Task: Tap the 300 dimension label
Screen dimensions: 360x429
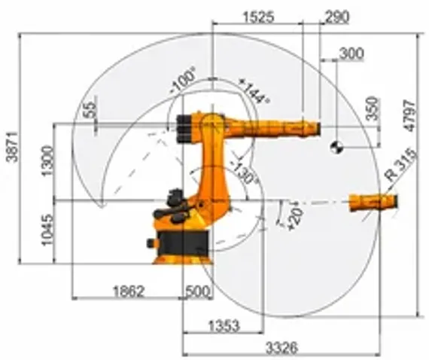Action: [x=351, y=53]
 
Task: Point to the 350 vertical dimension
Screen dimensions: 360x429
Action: [x=370, y=111]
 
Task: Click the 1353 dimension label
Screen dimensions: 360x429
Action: [x=223, y=325]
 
